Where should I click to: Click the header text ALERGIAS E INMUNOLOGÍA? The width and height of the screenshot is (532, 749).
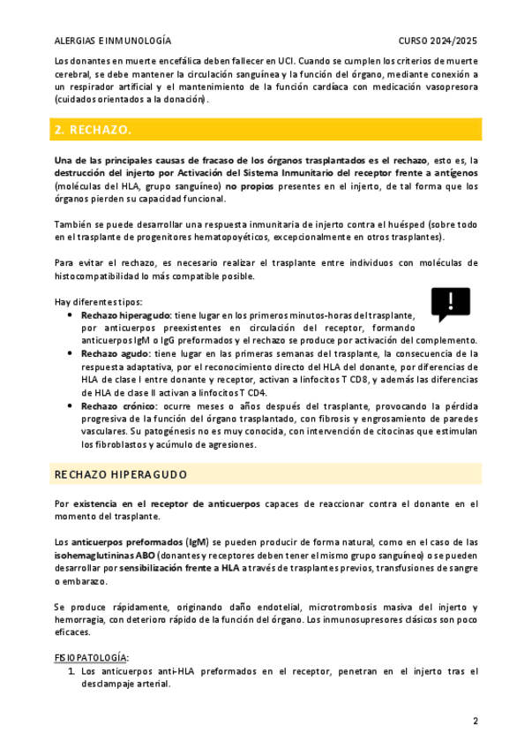point(113,41)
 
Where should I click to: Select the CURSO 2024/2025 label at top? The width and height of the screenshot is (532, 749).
point(438,41)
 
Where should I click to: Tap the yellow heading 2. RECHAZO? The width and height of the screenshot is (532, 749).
point(93,130)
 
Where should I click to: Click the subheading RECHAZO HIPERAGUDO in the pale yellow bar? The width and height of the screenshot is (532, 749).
point(121,474)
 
